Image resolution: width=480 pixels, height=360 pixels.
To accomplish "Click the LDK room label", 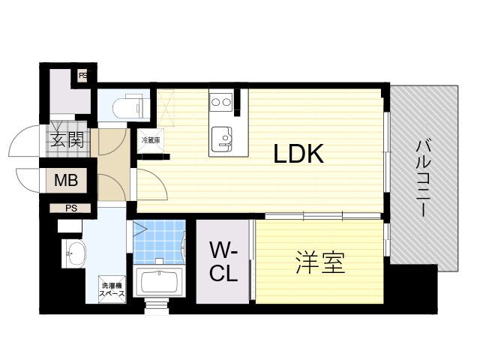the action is (298, 154).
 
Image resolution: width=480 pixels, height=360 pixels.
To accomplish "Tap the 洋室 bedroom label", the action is (320, 262).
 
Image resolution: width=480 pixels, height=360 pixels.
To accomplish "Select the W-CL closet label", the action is (223, 261).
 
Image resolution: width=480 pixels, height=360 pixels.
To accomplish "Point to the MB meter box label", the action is (66, 180).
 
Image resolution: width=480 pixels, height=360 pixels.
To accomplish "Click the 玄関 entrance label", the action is (67, 139).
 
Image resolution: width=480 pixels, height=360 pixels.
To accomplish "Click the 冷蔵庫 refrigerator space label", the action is (150, 140).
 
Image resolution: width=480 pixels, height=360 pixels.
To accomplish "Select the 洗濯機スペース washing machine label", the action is (112, 289).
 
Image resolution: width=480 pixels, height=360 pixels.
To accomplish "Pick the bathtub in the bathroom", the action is (159, 282).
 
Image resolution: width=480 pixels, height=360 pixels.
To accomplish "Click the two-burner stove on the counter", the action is (221, 102).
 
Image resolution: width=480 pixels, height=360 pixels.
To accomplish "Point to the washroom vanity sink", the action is (73, 253).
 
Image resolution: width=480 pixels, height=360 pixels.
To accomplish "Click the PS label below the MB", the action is (71, 208).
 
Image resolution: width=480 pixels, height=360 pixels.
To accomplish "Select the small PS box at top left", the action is (82, 75).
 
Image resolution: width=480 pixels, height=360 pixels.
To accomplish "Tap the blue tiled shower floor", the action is (160, 241).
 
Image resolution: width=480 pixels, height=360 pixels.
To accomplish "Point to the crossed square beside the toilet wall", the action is (166, 107).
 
